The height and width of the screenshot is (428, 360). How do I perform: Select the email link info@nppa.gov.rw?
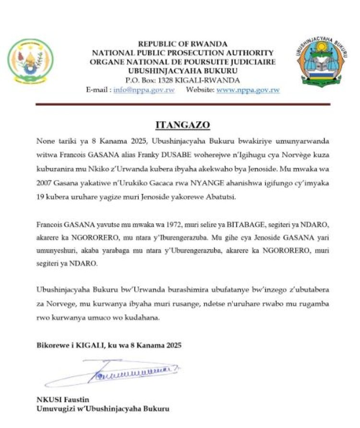(x=144, y=90)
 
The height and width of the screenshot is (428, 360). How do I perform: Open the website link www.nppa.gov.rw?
(x=248, y=90)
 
